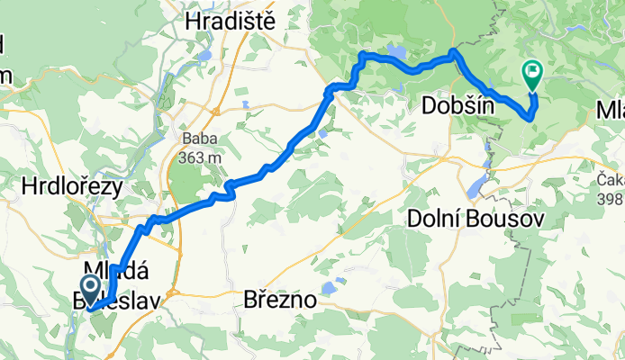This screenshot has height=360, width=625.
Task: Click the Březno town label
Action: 280,301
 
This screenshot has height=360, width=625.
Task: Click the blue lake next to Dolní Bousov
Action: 475,187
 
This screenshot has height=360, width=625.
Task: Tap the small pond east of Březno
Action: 329,288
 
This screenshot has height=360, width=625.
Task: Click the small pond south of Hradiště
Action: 206,57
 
